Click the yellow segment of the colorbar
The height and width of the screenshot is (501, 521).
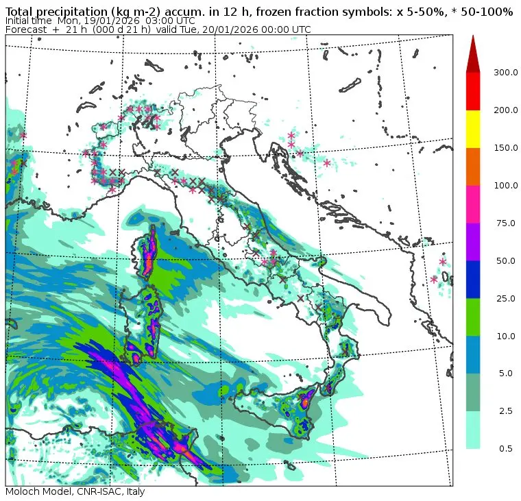[473, 129]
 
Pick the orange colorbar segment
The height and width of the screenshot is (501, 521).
[473, 167]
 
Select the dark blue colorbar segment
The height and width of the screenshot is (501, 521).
[473, 279]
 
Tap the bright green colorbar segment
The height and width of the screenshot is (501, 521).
[473, 317]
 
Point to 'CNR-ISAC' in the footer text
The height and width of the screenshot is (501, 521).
[95, 492]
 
